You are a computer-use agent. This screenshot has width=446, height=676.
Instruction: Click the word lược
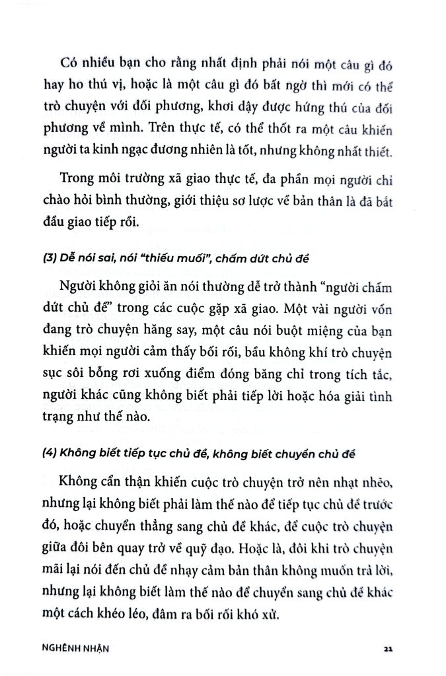coord(267,201)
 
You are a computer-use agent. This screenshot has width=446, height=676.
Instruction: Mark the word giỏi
coord(150,285)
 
